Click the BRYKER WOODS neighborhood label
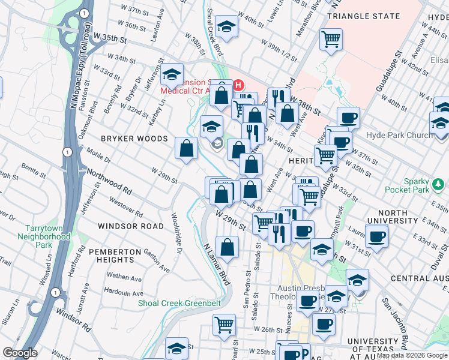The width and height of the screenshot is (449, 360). pos(134,139)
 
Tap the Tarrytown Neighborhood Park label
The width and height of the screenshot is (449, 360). pos(47,236)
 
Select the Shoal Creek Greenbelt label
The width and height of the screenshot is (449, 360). pos(179,303)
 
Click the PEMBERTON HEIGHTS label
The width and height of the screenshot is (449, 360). pos(112,256)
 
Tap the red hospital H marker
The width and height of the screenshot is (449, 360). pos(238,85)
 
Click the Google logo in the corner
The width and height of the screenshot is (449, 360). pos(19,353)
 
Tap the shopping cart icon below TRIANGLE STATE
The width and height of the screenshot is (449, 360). pos(330,40)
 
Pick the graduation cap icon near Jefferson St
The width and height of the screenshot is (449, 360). pos(172,75)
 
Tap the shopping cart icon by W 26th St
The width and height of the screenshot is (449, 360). pos(224,325)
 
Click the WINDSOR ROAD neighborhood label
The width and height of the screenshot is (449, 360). pos(130,226)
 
